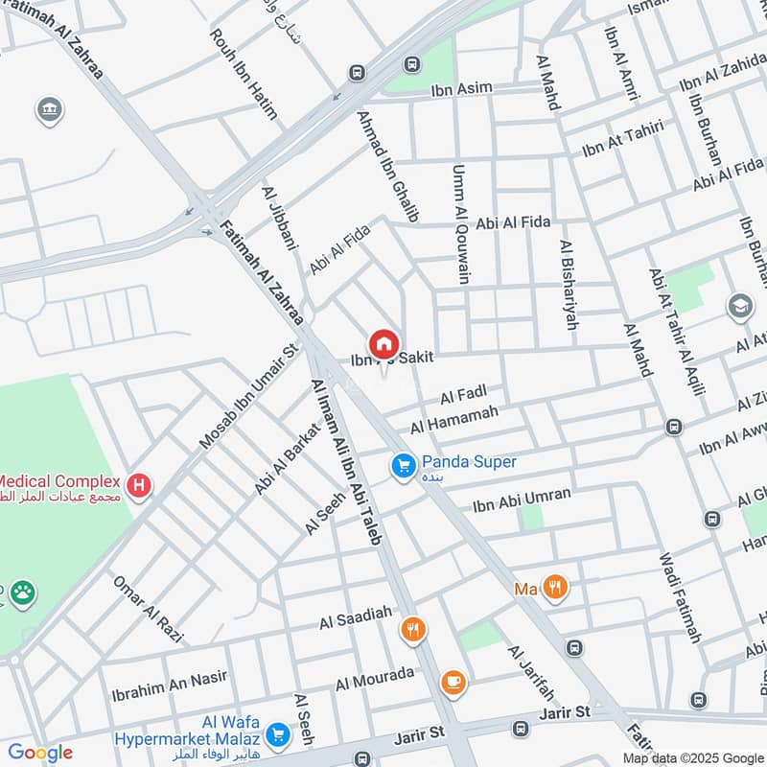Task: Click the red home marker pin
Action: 383,343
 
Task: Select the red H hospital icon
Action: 140,486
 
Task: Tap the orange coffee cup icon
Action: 453,682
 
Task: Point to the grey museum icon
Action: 50,110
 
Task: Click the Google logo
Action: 40,753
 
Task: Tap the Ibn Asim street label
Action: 461,88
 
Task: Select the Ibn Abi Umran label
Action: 522,500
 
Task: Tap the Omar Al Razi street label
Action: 147,610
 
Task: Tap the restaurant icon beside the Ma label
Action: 554,587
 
